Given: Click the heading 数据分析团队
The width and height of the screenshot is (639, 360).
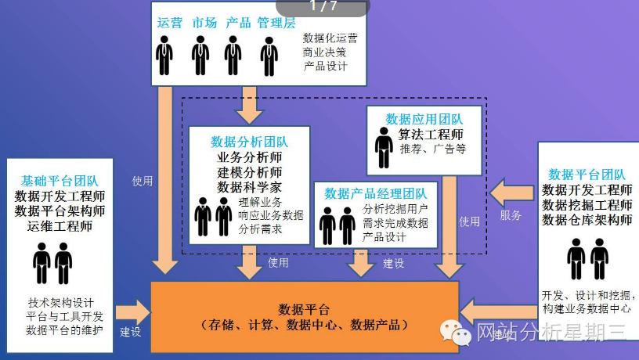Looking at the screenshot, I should coord(249,142).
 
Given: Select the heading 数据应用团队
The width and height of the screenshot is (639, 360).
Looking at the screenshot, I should coord(424,119).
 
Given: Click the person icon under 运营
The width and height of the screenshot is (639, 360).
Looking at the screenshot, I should coord(164,56).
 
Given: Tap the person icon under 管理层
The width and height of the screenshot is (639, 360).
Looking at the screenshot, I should coord(268,56).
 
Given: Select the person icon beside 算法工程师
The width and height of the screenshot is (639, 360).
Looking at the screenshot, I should coord(383,148).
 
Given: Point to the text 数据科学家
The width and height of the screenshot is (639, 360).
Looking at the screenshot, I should coord(250,187).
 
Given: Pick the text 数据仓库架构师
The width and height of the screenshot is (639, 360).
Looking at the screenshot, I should coord(587,221).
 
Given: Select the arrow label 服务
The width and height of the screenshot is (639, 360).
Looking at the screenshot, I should coord(510,215).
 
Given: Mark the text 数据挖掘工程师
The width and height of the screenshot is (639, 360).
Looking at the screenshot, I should coord(587,205).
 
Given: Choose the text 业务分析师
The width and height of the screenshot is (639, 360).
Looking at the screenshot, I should coord(250,157).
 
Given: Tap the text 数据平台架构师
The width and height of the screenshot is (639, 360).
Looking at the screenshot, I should coord(60,211).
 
